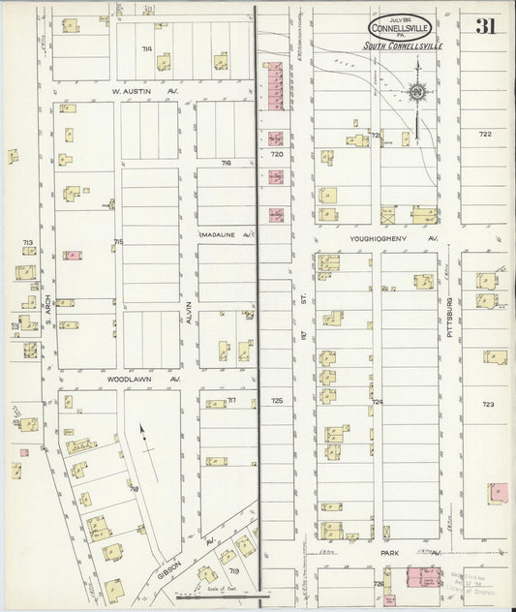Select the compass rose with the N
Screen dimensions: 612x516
[x=417, y=93]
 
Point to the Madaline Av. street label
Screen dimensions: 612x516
[x=226, y=234]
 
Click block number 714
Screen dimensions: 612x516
[x=146, y=47]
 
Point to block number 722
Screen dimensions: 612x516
[x=484, y=134]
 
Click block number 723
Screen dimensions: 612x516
[x=488, y=404]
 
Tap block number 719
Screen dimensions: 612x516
[x=233, y=570]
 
